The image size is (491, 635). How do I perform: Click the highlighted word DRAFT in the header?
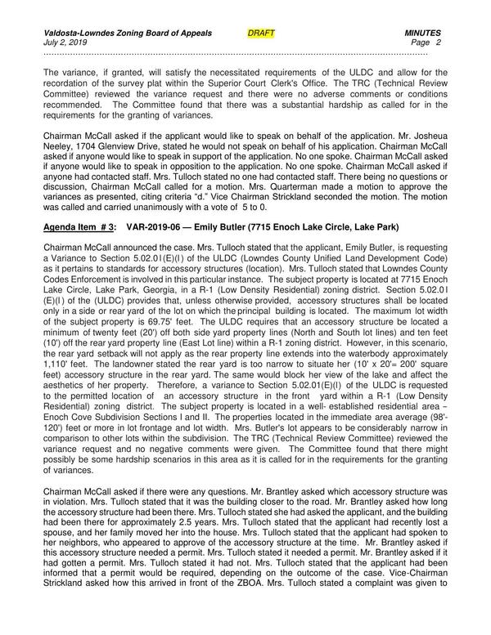(261, 33)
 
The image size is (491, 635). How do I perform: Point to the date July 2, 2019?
(66, 42)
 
